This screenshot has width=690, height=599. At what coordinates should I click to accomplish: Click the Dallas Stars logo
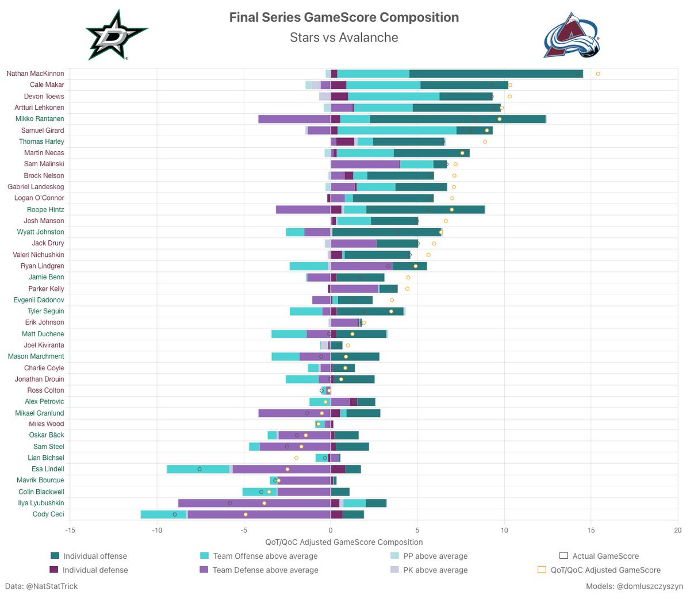[x=116, y=35]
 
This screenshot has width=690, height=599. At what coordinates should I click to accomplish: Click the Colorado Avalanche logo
[x=572, y=35]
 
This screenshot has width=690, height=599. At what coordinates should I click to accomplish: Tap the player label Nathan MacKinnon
[x=35, y=74]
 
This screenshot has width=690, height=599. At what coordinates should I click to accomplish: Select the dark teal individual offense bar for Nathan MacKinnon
[x=496, y=74]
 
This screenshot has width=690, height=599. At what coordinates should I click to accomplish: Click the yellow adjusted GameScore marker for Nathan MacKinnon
[x=598, y=74]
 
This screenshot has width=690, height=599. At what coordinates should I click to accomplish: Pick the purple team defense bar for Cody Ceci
[x=259, y=514]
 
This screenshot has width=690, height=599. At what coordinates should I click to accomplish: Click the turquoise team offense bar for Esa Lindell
[x=198, y=469]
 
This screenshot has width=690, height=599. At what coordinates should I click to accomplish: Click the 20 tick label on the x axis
[x=677, y=530]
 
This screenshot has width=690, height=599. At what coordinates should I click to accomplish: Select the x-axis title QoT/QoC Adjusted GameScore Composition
[x=344, y=542]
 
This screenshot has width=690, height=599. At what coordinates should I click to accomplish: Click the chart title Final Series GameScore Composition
[x=344, y=17]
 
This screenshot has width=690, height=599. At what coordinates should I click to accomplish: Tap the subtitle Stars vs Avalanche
[x=344, y=38]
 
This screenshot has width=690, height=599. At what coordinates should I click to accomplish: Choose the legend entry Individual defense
[x=95, y=570]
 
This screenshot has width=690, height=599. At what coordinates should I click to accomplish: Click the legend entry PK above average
[x=435, y=570]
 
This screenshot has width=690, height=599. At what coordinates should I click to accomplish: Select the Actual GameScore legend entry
[x=605, y=556]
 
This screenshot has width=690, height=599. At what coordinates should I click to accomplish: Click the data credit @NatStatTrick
[x=41, y=586]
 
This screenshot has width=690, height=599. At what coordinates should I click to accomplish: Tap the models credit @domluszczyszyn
[x=634, y=586]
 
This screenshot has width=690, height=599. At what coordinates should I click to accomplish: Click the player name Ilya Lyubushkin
[x=41, y=503]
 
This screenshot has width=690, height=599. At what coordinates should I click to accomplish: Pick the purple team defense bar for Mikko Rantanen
[x=294, y=119]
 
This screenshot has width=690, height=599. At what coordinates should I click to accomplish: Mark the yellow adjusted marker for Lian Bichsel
[x=296, y=458]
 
